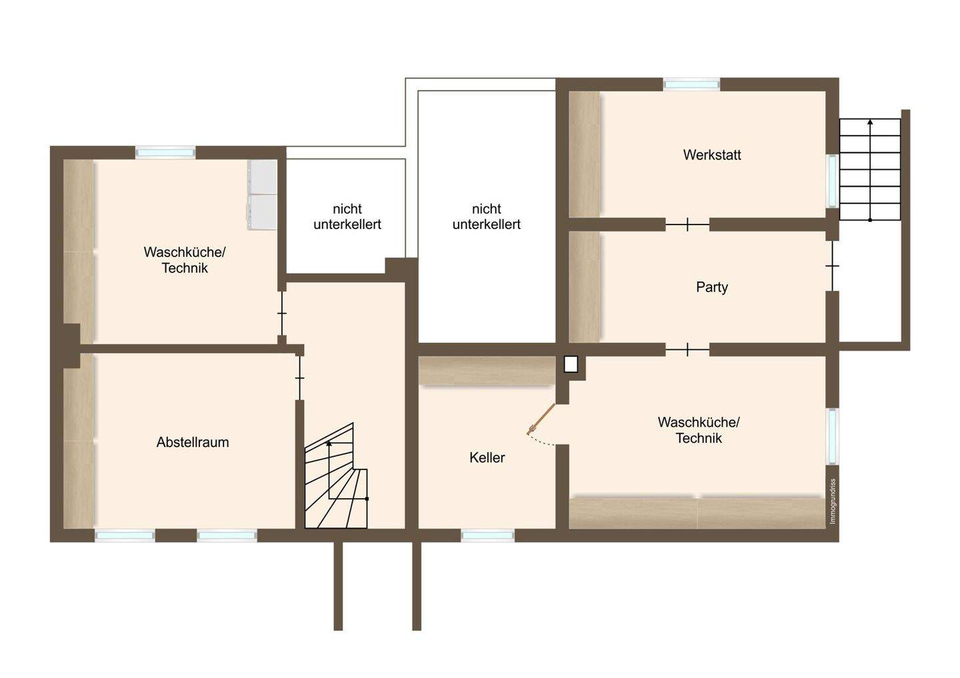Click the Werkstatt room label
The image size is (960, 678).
[711, 155]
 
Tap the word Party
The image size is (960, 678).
[711, 287]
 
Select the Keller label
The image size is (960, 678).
[487, 458]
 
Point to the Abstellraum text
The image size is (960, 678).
[193, 442]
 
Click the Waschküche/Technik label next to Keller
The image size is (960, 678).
[698, 430]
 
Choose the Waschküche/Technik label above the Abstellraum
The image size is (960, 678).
[185, 260]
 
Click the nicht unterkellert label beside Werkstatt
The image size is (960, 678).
[486, 217]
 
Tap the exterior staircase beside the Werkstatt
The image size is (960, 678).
[869, 170]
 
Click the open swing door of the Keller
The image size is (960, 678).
[541, 420]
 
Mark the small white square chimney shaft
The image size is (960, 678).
[571, 364]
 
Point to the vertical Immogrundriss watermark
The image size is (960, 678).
[832, 502]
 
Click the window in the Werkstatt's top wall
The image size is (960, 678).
[691, 84]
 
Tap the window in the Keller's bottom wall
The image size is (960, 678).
[487, 535]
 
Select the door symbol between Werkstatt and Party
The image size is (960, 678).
[687, 225]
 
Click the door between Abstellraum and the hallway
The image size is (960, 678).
[299, 378]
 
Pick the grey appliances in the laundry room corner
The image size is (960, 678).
[262, 194]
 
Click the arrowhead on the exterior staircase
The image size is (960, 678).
[869, 122]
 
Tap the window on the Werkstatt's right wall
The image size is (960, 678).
[832, 180]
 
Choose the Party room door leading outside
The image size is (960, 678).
[832, 266]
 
